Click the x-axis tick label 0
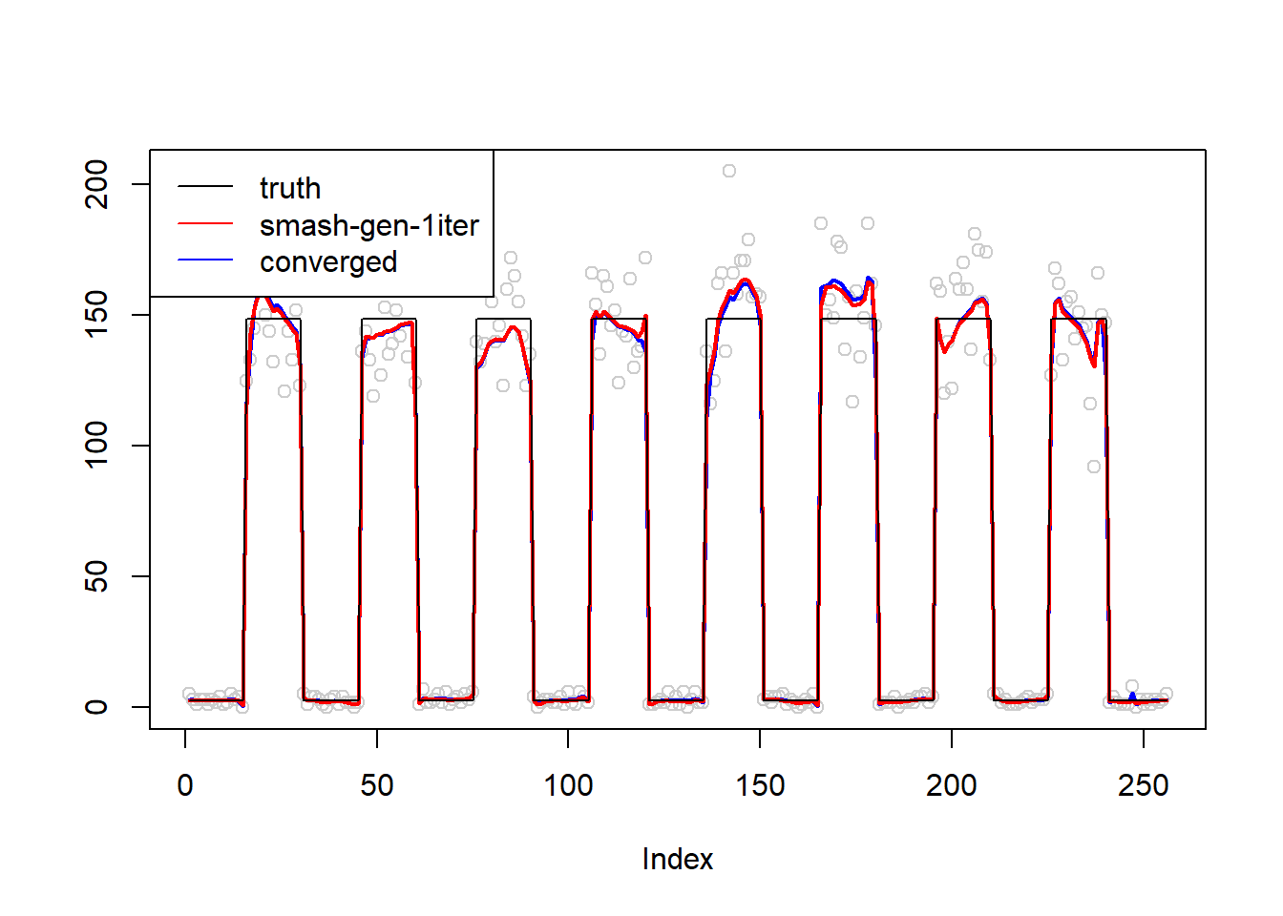point(185,785)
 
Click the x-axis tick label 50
point(377,785)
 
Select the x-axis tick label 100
point(568,785)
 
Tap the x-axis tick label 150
point(760,785)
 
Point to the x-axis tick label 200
point(952,785)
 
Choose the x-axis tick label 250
point(1144,785)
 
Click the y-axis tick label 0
point(96,707)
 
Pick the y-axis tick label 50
point(96,576)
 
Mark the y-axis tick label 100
point(96,446)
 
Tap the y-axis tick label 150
point(96,315)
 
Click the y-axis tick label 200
point(96,184)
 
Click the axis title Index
point(678,860)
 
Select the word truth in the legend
point(290,188)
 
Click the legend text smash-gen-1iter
point(369,225)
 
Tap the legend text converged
point(328,262)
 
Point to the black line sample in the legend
point(205,186)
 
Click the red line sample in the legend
point(205,222)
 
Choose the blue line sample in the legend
point(205,260)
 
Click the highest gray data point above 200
point(728,171)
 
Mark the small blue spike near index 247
point(1132,697)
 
